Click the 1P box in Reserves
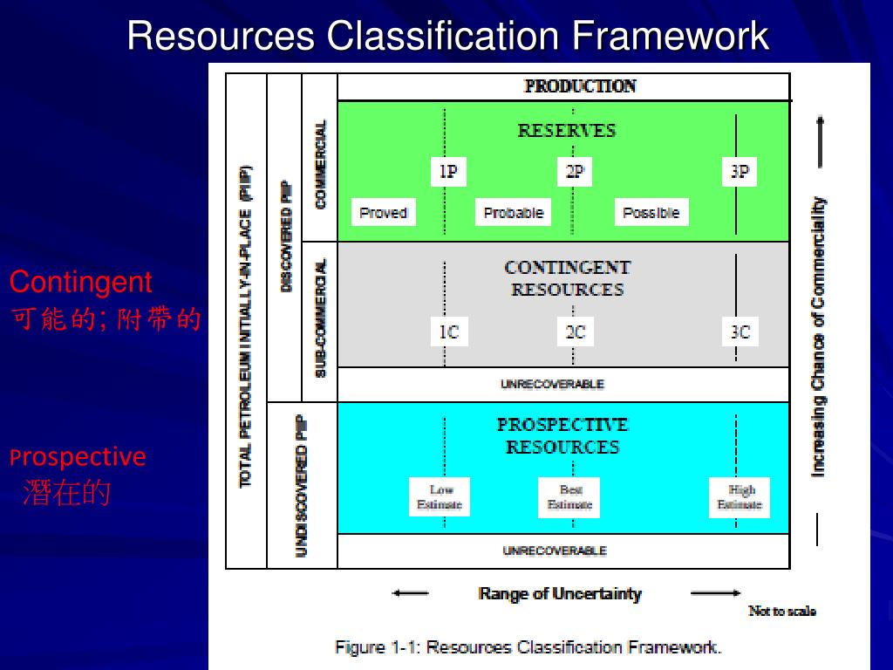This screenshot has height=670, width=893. [x=449, y=172]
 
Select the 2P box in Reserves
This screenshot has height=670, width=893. [x=575, y=172]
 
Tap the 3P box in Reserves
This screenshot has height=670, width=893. [x=740, y=172]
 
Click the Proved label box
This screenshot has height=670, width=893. [x=384, y=212]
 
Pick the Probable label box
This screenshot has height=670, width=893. [x=513, y=212]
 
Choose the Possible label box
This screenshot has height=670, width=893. [x=651, y=212]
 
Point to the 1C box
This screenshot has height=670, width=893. [x=449, y=332]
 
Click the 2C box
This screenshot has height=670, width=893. [x=576, y=332]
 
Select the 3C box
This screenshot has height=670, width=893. [x=740, y=332]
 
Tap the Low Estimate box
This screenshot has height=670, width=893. [x=440, y=496]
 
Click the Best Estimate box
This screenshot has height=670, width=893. [x=569, y=496]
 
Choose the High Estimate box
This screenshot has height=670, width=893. [x=740, y=496]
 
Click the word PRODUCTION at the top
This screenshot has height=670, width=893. [x=580, y=86]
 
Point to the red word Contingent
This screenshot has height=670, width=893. [x=81, y=282]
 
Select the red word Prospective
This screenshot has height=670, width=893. [x=78, y=457]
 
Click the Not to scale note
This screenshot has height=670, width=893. [x=782, y=611]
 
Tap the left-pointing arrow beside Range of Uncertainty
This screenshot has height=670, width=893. [x=410, y=593]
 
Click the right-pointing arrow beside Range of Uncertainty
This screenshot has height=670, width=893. [x=715, y=593]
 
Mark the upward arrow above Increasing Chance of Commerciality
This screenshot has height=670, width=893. [x=820, y=142]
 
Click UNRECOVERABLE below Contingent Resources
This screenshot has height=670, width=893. [x=552, y=384]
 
